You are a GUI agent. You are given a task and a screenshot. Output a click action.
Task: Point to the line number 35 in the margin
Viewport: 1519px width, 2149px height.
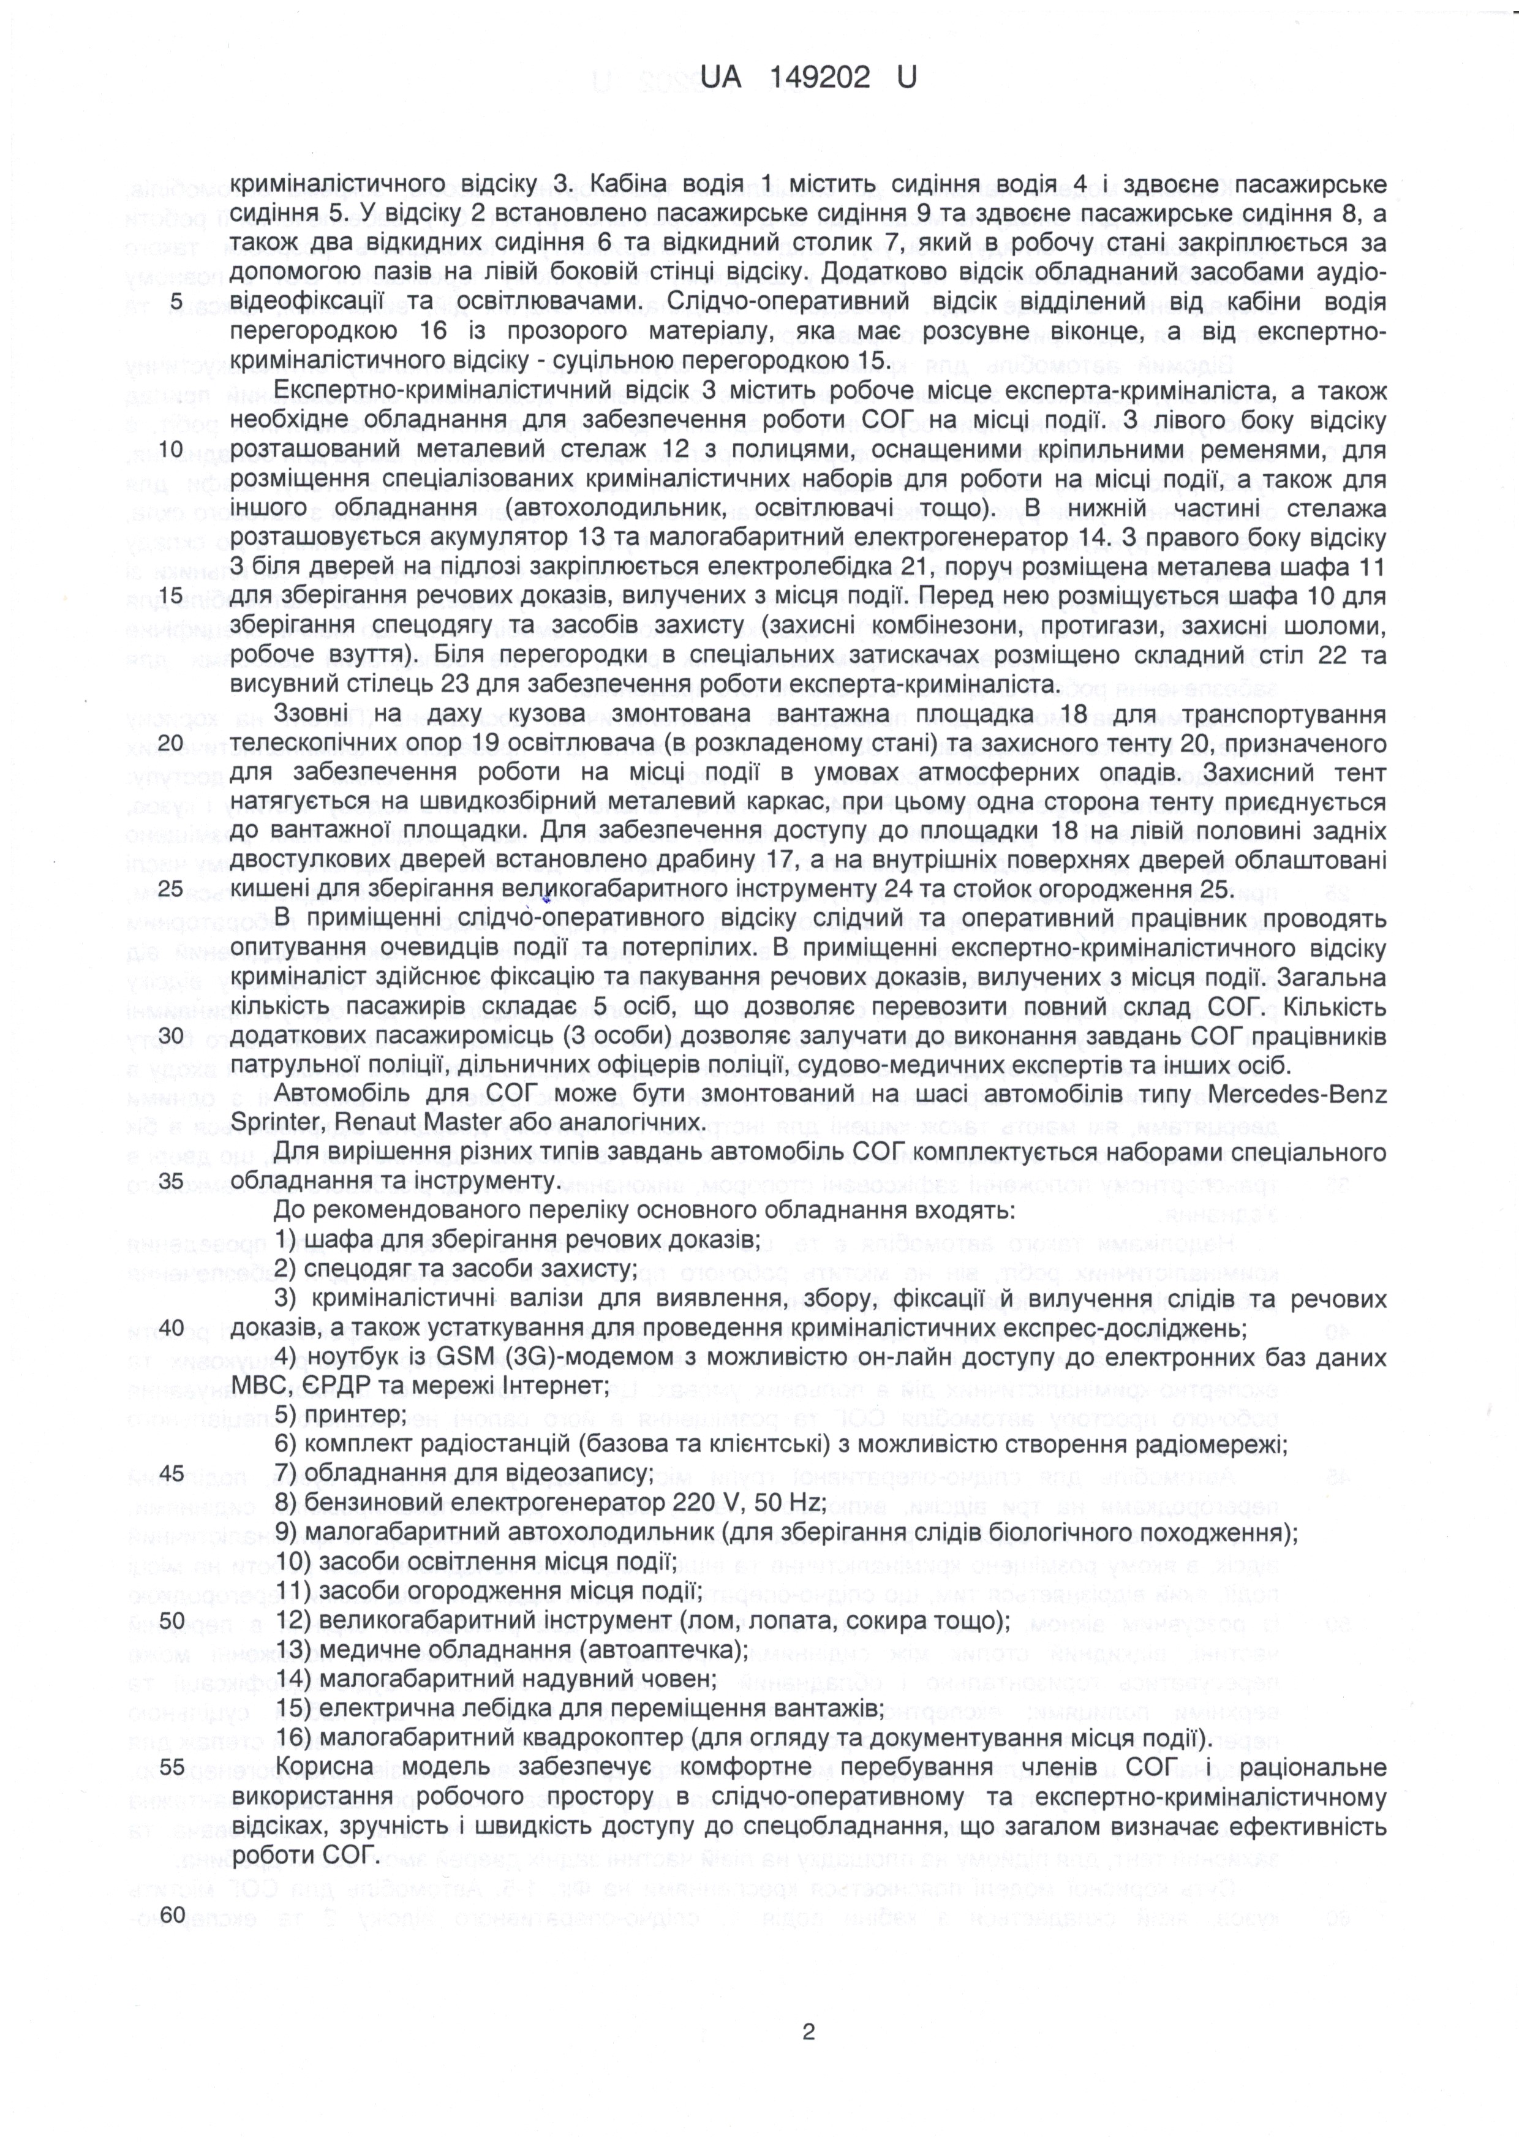(x=172, y=1181)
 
